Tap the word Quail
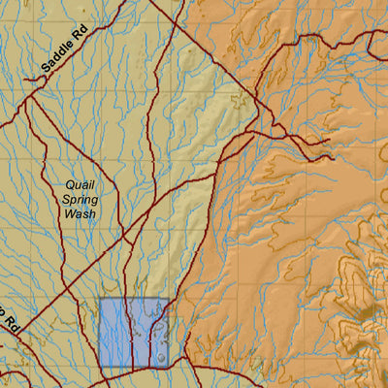point(81,183)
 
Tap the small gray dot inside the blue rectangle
point(158,357)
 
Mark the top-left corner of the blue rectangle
point(100,298)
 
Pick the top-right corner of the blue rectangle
point(169,298)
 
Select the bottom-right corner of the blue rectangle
point(169,366)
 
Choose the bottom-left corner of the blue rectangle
point(100,366)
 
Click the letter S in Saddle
point(47,71)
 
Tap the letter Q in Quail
point(69,183)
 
